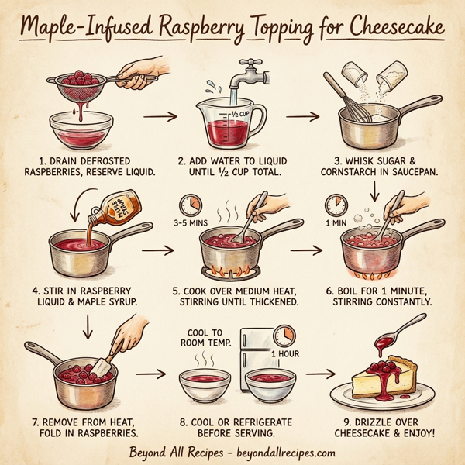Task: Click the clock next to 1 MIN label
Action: [335, 205]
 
